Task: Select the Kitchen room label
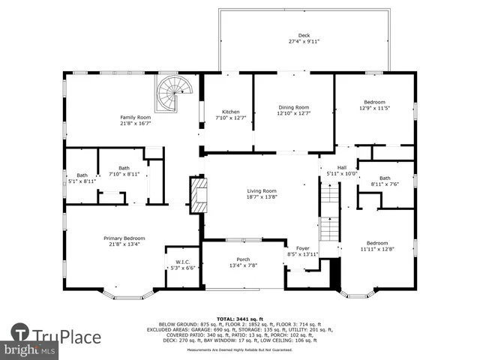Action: [x=230, y=112]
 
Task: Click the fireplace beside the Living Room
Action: [x=197, y=194]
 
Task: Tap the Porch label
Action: [x=243, y=259]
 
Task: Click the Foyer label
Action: [x=302, y=248]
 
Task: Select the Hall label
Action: [x=341, y=167]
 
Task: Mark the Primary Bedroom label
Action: [x=124, y=238]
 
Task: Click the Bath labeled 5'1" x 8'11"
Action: [x=82, y=175]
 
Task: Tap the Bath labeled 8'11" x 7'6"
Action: [x=384, y=178]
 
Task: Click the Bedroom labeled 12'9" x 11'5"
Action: [x=374, y=102]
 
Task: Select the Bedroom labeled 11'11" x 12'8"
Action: [x=376, y=243]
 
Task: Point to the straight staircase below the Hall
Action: [x=330, y=213]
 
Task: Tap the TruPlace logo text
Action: [x=67, y=335]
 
